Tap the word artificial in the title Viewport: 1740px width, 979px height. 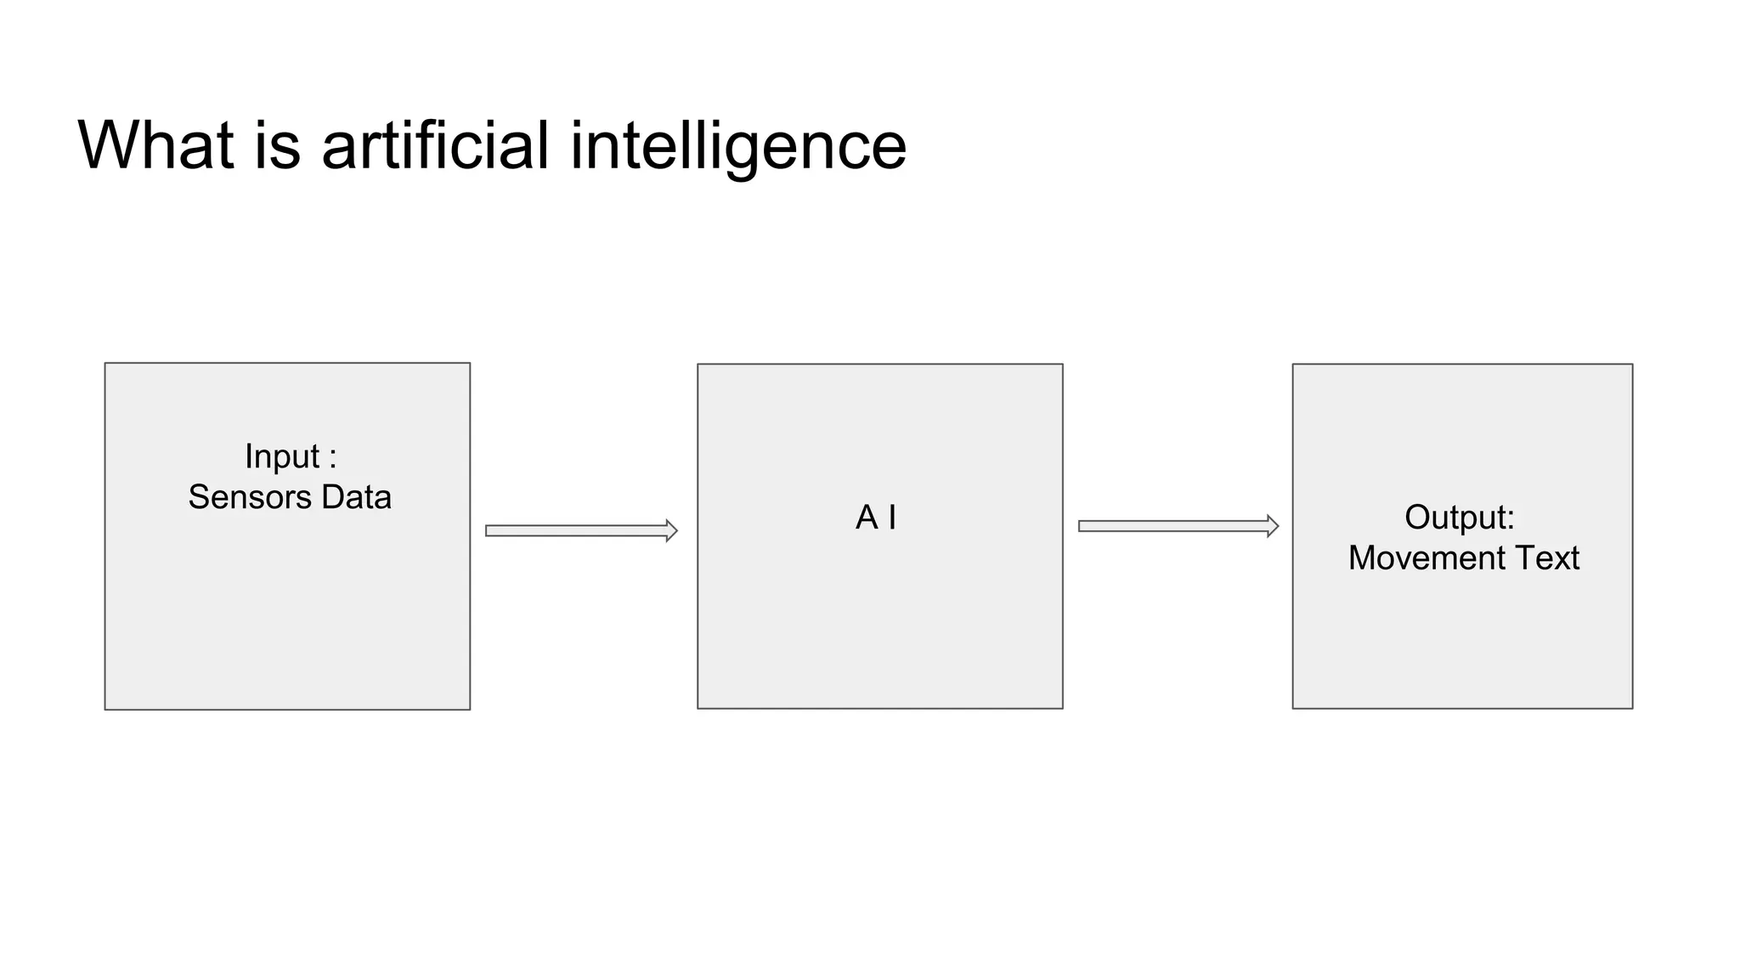coord(435,145)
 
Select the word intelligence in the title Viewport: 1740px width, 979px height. coord(737,147)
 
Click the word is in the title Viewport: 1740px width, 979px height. coord(277,145)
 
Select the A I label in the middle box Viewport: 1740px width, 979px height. coord(875,518)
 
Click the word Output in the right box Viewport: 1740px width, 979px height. coord(1454,518)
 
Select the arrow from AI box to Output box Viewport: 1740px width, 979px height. coord(1177,526)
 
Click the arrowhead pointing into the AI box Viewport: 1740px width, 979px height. coord(671,531)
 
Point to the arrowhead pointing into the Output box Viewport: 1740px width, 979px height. coord(1272,526)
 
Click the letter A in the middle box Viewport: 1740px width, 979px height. coord(866,518)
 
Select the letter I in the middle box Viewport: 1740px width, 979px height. coord(892,518)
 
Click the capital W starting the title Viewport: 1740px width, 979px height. coord(105,145)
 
